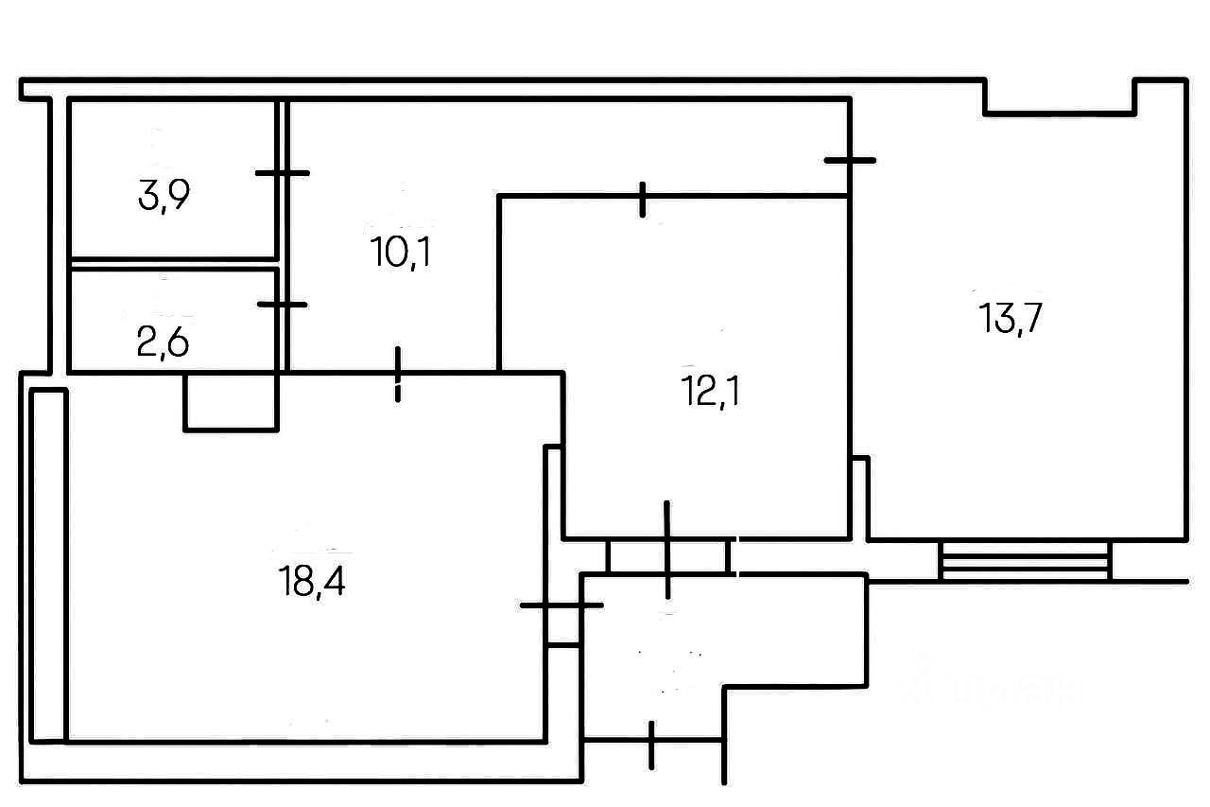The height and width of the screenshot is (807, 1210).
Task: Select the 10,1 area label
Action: [402, 253]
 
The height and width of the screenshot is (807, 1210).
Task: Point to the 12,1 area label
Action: [710, 391]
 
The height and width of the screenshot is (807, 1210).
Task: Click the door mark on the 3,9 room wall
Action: [282, 173]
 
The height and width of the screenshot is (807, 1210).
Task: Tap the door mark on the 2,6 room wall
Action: [282, 305]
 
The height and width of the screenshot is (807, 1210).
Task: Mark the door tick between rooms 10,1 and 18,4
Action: [398, 375]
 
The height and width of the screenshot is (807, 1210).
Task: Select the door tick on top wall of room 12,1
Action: [643, 199]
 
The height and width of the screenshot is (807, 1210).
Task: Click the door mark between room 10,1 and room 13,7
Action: [850, 161]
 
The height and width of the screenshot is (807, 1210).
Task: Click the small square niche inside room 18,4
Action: [231, 402]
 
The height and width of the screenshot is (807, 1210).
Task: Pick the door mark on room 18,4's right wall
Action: [560, 605]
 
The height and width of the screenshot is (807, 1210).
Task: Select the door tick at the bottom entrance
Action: [652, 744]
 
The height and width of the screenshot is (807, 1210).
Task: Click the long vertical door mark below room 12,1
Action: [667, 550]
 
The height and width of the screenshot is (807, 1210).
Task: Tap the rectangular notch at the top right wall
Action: [1060, 96]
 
